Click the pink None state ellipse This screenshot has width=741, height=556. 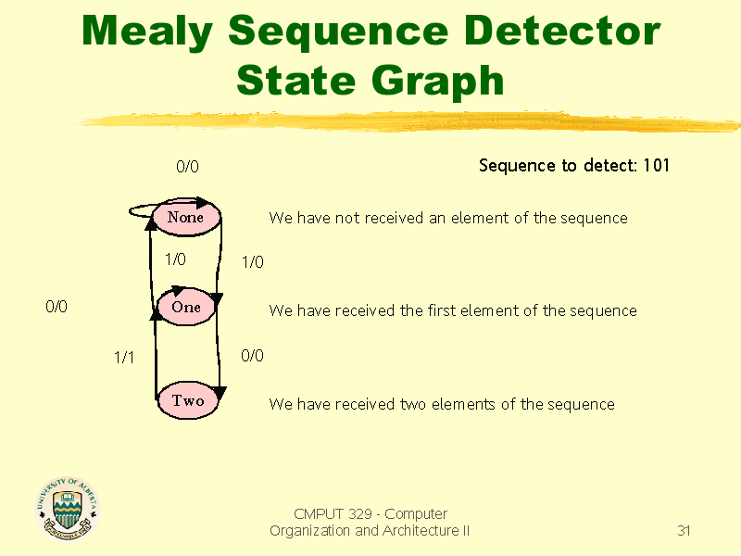(187, 218)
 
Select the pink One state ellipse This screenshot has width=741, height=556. (186, 307)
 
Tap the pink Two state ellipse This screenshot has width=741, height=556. (188, 400)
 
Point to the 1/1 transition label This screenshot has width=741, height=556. (124, 358)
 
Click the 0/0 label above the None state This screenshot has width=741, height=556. (187, 167)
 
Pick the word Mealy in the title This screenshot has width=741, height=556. (147, 32)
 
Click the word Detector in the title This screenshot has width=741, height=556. (562, 31)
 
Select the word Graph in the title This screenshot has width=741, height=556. (437, 82)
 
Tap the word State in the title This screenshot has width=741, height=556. (295, 81)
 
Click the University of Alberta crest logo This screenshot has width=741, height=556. (67, 508)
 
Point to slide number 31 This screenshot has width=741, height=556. (684, 530)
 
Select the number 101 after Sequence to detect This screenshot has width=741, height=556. (657, 166)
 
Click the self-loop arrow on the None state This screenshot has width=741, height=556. (142, 211)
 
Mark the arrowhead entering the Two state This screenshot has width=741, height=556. (220, 392)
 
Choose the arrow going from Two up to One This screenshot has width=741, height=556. (156, 356)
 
